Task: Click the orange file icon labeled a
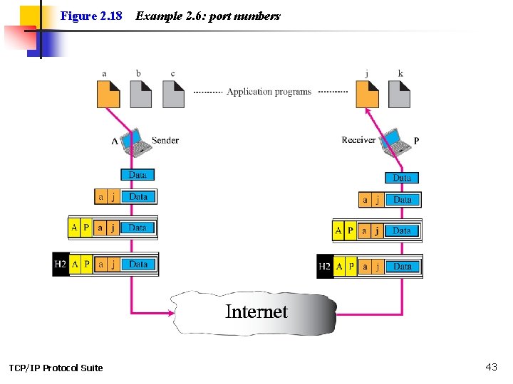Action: [108, 95]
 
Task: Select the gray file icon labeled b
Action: [141, 95]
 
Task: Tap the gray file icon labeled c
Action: [173, 95]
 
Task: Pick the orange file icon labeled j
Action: [367, 95]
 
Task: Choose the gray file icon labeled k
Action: [399, 95]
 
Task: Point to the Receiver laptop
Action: [395, 142]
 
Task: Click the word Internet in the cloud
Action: [256, 311]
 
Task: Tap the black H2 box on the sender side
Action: [61, 265]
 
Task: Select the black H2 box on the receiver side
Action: [325, 267]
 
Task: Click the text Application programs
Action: [269, 92]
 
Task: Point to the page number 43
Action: [491, 367]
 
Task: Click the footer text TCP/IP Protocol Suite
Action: [56, 368]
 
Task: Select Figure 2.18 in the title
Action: [91, 16]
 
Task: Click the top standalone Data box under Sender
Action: [138, 175]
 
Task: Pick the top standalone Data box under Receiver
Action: [402, 178]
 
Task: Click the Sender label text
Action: [165, 140]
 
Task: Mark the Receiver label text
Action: [358, 140]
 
